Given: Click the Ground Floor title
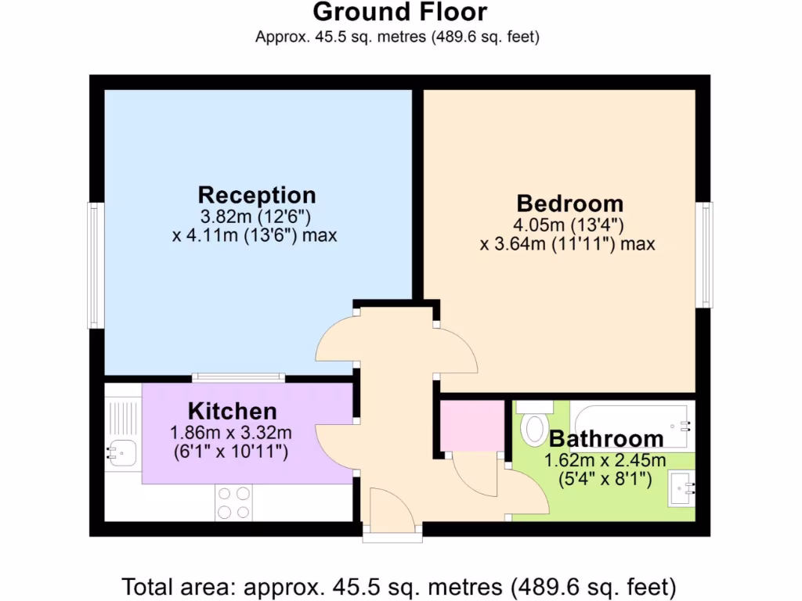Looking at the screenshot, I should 400,13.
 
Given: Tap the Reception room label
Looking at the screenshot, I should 256,195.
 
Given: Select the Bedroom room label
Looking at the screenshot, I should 569,203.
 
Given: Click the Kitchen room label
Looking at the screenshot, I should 232,411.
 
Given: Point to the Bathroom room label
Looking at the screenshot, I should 606,439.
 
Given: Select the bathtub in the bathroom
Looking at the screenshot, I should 631,423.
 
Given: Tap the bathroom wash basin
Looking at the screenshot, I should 681,488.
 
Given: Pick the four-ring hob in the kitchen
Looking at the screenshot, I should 234,502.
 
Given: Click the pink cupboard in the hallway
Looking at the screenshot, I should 471,426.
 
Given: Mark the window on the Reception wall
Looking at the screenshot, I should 95,265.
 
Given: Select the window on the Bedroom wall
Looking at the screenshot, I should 706,255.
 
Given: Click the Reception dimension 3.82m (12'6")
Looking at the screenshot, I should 256,216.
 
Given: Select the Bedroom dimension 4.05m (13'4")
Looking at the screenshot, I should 568,225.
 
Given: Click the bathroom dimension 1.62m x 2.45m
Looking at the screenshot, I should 605,460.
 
